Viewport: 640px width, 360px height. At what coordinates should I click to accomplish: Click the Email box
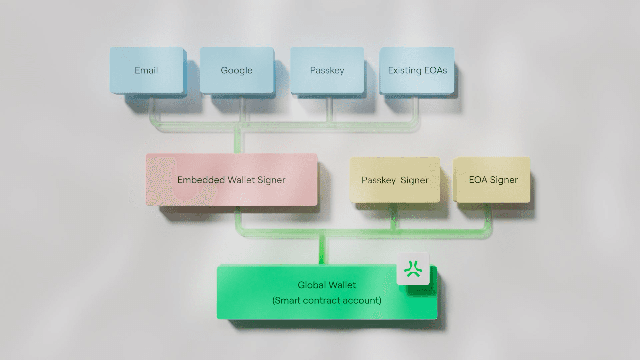(146, 70)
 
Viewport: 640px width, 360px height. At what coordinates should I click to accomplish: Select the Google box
(237, 70)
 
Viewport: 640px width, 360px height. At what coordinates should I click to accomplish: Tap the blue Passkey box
(327, 70)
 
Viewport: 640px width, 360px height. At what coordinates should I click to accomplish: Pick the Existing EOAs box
(417, 70)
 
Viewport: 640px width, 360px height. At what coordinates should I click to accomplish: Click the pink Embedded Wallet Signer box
(231, 180)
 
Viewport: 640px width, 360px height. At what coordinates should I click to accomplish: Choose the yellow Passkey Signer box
(395, 180)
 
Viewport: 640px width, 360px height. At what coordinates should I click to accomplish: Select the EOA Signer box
(493, 180)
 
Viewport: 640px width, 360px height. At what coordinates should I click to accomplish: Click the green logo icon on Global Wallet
(413, 269)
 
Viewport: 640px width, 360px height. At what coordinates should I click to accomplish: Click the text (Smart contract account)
(327, 300)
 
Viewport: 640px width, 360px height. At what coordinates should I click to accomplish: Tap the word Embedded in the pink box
(201, 180)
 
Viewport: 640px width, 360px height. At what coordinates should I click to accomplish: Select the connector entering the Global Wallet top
(322, 250)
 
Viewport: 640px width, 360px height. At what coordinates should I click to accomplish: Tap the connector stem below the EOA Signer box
(487, 215)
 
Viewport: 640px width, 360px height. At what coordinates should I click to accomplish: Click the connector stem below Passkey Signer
(394, 215)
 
